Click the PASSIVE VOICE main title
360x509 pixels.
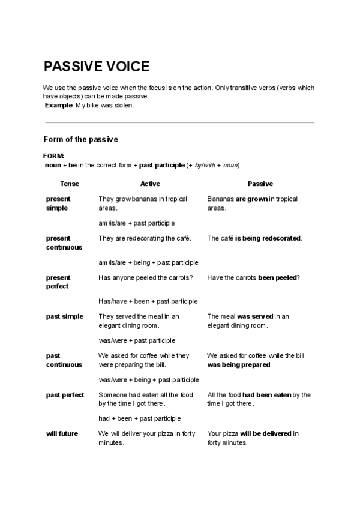pos(97,66)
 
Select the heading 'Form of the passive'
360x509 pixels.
pos(81,139)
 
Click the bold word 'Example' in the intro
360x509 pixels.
pos(58,106)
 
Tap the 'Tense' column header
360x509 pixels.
pos(70,184)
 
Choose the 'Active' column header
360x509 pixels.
pos(150,184)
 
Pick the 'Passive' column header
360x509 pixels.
pos(260,184)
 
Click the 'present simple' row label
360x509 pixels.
pos(58,203)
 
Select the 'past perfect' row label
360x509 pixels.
pos(65,394)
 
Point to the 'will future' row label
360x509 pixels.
pos(62,433)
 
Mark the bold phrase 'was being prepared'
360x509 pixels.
pos(239,364)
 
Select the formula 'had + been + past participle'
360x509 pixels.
pos(140,418)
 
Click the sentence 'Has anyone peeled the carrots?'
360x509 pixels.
pos(146,277)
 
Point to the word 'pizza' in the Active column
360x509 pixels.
pos(167,433)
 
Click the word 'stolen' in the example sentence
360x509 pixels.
pos(124,106)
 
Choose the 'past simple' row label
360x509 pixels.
pos(65,316)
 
